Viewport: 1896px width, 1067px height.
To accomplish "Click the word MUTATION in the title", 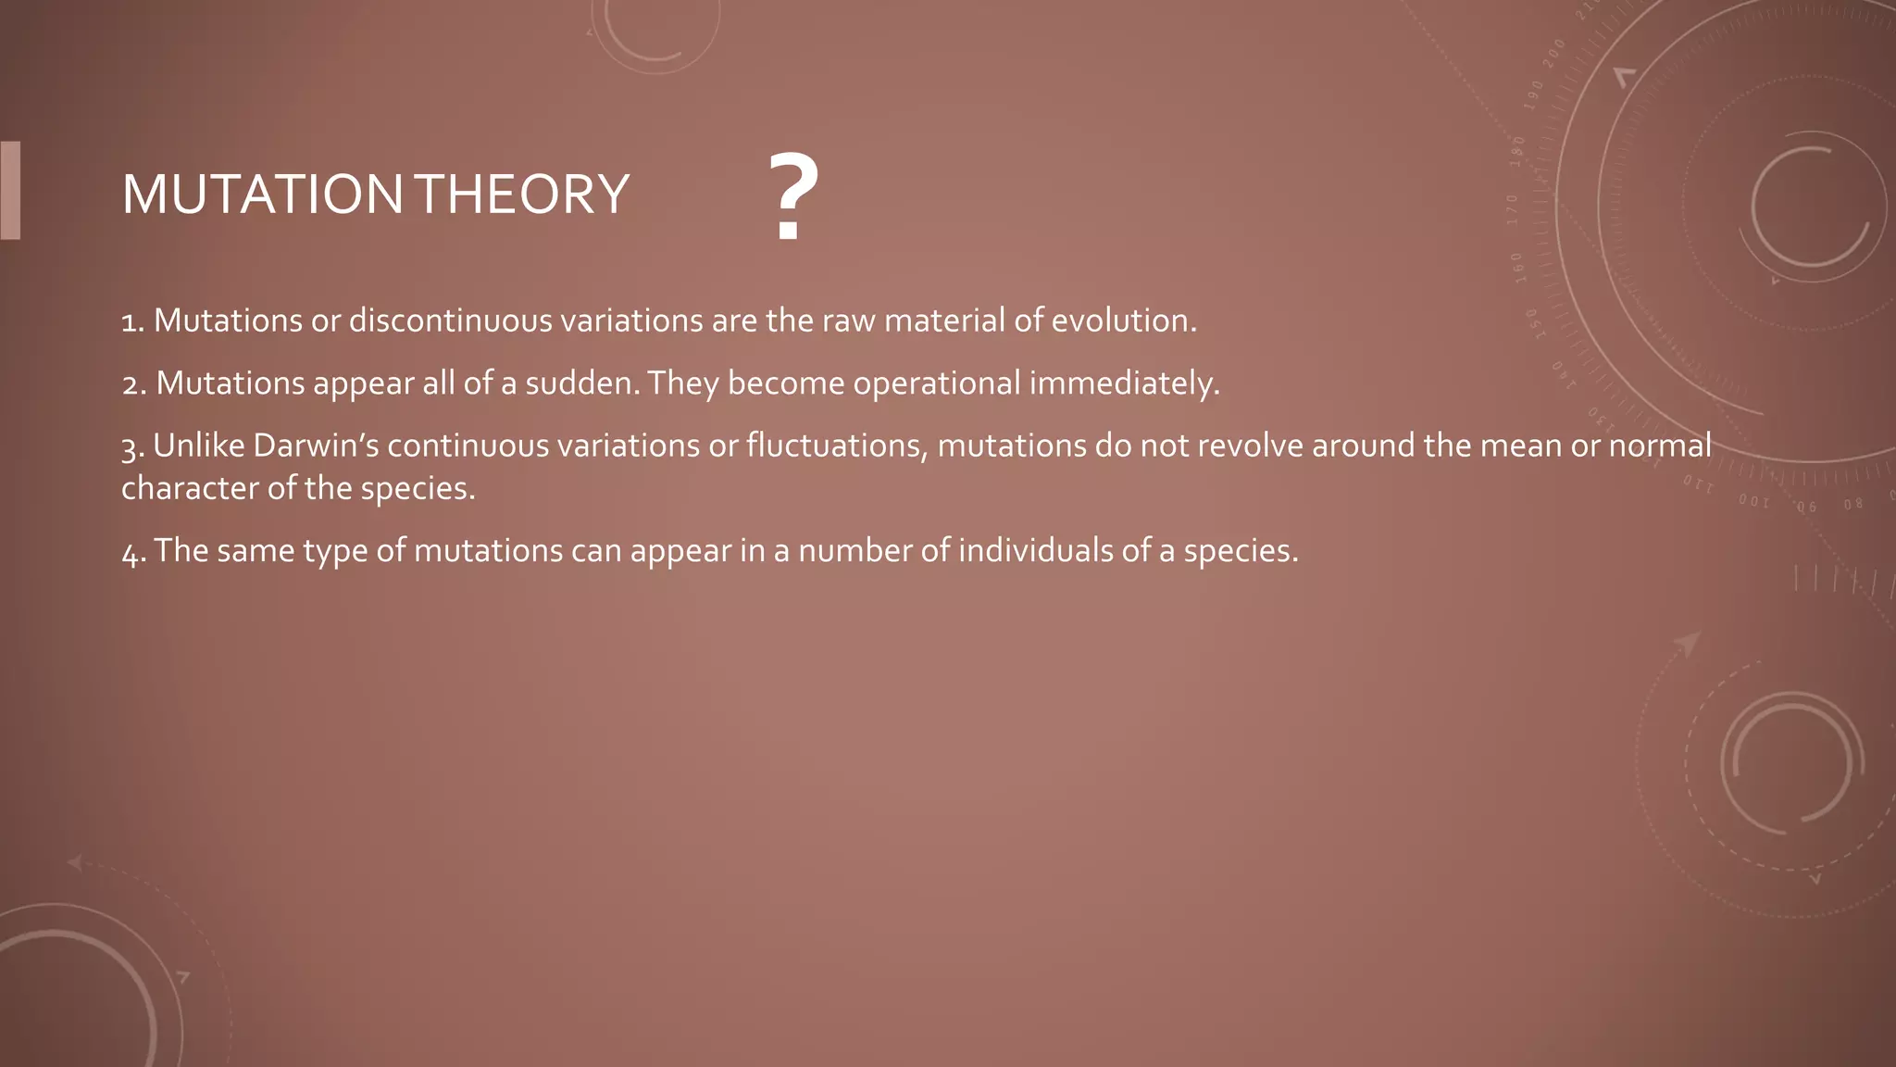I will [262, 195].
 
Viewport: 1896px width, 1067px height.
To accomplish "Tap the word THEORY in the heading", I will [522, 195].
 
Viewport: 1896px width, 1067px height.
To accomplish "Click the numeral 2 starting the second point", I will [131, 384].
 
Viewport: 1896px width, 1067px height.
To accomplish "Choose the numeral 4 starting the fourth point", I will [131, 553].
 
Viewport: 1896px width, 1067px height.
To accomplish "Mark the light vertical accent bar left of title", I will [10, 190].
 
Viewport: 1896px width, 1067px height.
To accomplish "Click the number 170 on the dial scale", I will [1513, 210].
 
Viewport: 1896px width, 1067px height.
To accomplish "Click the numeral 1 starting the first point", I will [131, 322].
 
